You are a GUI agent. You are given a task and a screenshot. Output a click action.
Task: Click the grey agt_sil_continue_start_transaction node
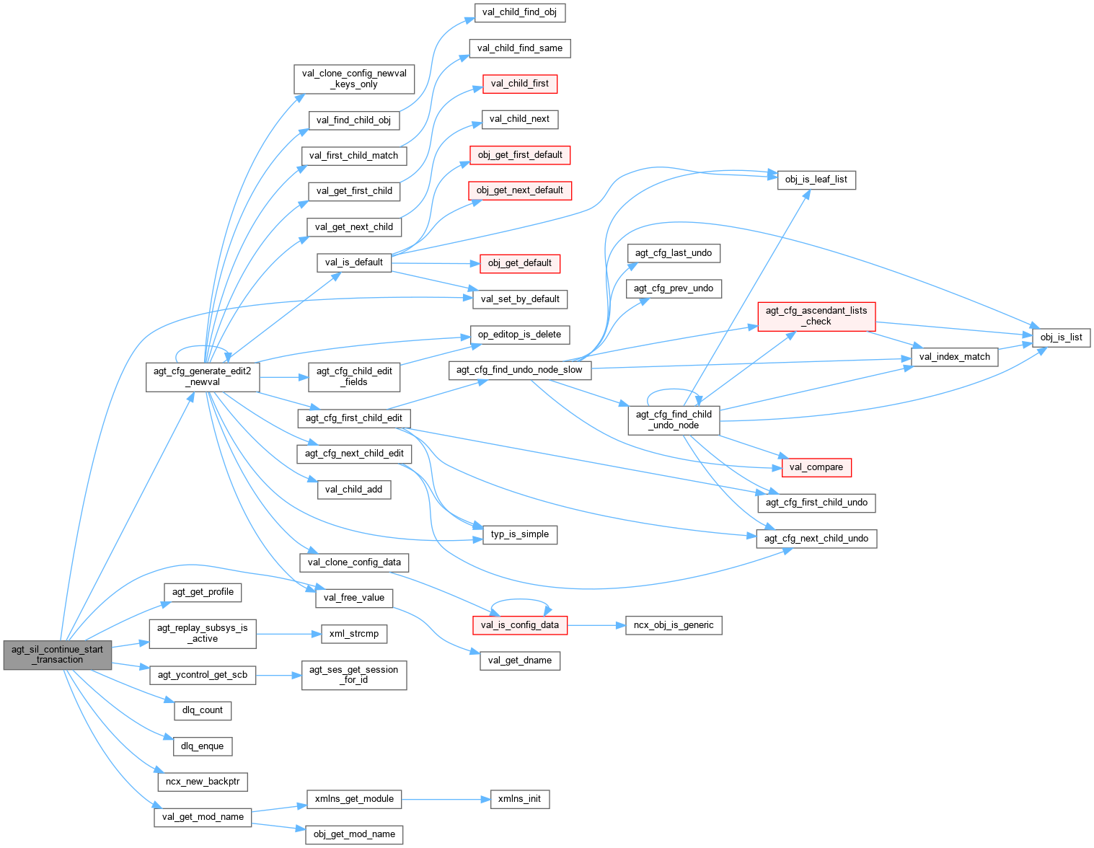58,655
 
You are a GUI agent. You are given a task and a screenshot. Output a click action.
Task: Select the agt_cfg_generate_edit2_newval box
203,376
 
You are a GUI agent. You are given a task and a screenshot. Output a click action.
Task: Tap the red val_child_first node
519,84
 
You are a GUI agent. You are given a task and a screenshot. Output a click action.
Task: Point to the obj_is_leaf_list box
816,180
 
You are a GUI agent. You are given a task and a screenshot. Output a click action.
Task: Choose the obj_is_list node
1061,337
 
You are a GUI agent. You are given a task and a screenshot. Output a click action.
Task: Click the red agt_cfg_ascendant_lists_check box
816,316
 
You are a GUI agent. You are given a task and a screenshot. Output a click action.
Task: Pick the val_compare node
816,467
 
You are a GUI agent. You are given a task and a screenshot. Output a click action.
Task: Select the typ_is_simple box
519,534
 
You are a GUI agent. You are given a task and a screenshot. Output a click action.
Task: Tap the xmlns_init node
519,799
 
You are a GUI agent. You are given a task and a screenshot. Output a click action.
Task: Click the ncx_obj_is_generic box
674,625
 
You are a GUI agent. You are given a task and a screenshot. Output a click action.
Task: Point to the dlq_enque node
203,746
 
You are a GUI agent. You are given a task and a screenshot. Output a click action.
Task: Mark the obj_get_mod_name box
354,834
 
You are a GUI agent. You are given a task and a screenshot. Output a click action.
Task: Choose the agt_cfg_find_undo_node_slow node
519,370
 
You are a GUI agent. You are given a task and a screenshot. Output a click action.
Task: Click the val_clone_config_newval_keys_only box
354,79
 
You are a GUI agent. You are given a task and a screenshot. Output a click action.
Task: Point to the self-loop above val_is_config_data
520,600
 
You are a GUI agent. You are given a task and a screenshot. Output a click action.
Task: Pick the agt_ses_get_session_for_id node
354,675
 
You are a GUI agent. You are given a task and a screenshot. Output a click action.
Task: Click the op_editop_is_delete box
519,335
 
